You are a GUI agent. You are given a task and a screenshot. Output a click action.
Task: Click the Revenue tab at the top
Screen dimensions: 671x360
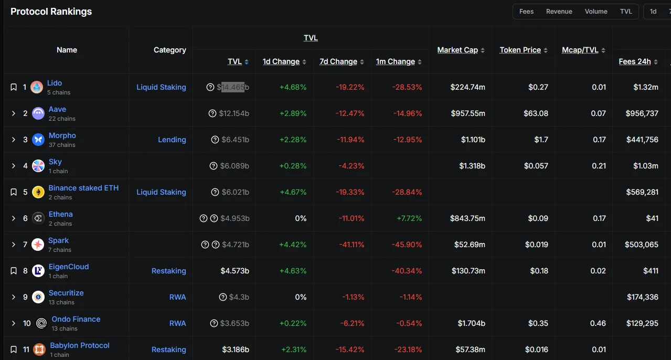pos(559,12)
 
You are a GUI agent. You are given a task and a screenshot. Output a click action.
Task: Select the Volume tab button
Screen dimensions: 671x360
pos(596,12)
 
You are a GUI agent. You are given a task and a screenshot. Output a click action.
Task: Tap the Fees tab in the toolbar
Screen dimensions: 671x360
pos(526,12)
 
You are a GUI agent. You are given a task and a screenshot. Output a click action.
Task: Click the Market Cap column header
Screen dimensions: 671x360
pos(457,50)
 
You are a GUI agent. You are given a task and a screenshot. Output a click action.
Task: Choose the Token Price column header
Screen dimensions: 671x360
pos(520,50)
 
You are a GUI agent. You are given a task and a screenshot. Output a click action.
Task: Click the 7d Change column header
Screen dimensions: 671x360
pos(338,61)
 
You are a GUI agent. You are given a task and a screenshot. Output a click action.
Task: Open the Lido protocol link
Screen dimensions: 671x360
pos(55,83)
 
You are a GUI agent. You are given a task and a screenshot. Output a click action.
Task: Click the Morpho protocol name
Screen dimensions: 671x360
pos(62,135)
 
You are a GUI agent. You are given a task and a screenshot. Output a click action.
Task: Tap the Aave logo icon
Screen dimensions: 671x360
pos(38,113)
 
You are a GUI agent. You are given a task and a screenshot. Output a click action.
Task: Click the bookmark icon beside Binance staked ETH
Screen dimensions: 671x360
pos(14,192)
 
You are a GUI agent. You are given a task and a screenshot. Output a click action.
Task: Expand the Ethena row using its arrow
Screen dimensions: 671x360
pos(14,218)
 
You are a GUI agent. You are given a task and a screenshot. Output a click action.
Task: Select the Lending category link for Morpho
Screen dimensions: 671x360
pos(172,140)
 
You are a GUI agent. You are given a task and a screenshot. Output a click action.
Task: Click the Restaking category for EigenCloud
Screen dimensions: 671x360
pos(168,271)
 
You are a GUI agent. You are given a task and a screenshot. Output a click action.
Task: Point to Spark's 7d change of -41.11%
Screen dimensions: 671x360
pos(352,245)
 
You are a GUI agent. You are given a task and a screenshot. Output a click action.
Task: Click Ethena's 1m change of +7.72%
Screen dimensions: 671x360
pos(409,218)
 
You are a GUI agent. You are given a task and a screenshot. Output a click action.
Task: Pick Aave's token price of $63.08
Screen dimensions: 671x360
pos(536,113)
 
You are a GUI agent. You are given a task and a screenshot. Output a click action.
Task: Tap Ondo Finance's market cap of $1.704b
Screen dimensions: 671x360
pos(472,323)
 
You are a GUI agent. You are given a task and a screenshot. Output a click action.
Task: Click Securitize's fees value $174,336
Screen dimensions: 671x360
pos(643,297)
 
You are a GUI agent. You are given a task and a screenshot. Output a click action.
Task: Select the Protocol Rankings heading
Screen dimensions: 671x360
pos(51,12)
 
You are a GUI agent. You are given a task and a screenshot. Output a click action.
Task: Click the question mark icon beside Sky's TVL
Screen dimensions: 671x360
pos(214,166)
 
